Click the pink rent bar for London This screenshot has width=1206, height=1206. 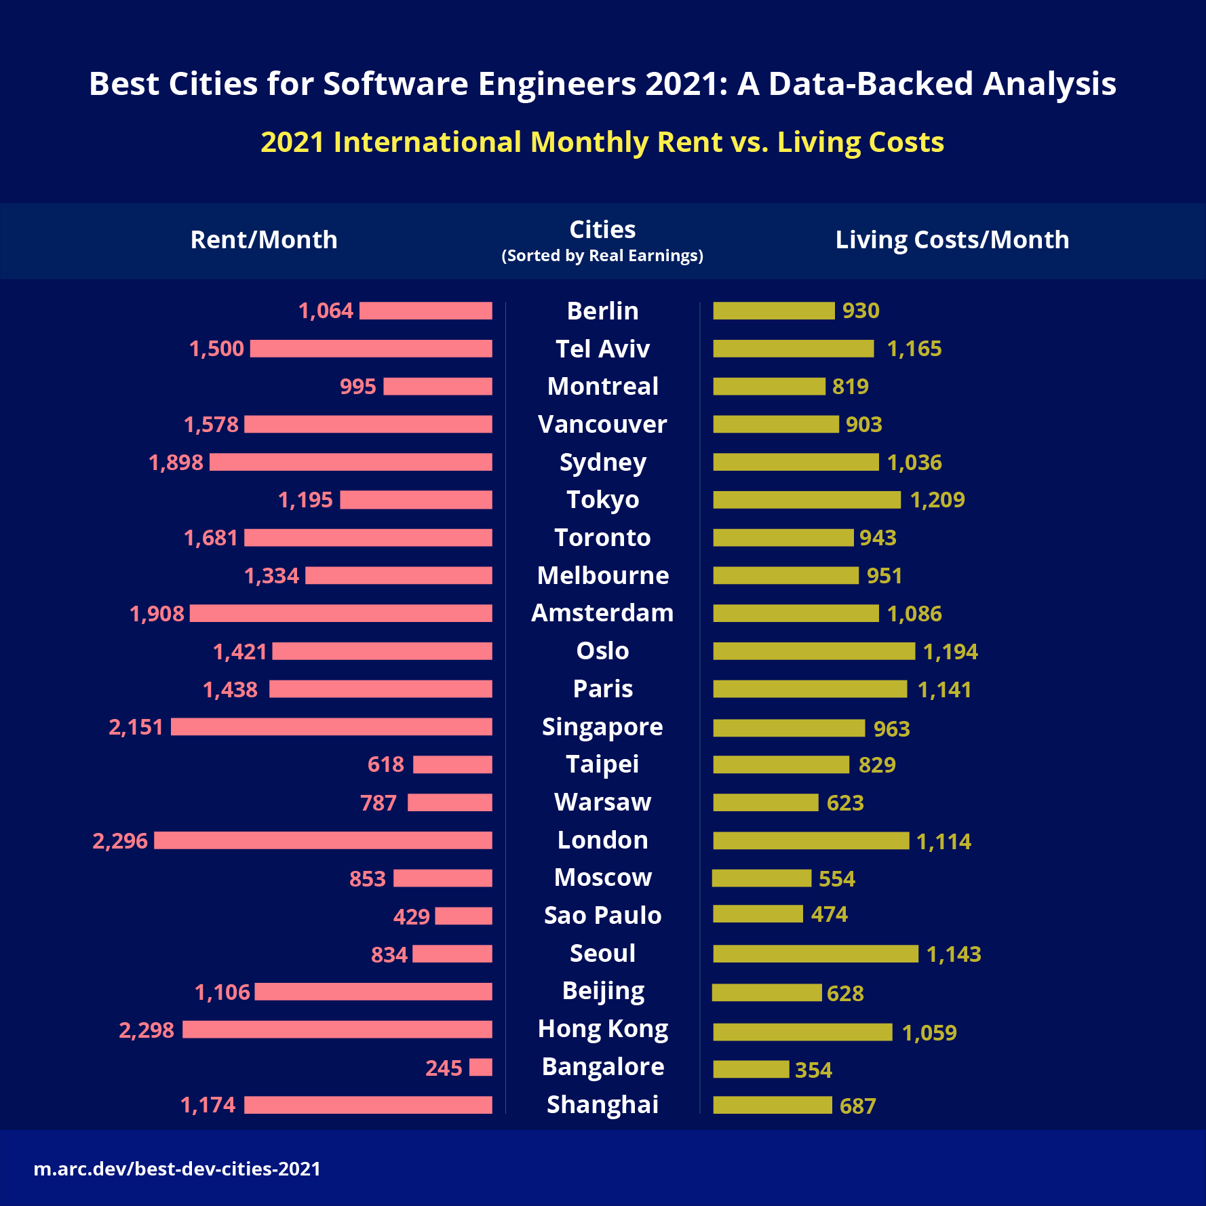(x=323, y=840)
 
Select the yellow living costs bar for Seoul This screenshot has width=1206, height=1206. (x=815, y=954)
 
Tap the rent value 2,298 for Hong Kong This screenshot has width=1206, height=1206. (x=147, y=1030)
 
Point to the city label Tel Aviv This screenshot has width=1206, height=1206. (x=602, y=349)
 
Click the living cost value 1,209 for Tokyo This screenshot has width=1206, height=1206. (x=937, y=500)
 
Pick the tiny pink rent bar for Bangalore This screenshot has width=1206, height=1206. (x=480, y=1067)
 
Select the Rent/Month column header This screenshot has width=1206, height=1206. (x=264, y=239)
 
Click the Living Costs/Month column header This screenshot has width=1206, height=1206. (x=952, y=239)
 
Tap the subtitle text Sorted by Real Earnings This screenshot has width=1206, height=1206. (x=602, y=256)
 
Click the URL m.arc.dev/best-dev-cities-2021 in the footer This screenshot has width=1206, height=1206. (x=177, y=1169)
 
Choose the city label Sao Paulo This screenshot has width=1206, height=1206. (x=602, y=915)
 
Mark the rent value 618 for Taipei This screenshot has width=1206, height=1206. (x=385, y=764)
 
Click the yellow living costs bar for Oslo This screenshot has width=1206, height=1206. (x=814, y=651)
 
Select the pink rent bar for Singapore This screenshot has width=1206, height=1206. (x=331, y=727)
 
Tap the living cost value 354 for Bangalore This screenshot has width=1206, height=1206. (x=813, y=1070)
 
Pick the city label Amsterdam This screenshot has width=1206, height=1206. (x=602, y=613)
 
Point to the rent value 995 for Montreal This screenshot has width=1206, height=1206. (x=357, y=387)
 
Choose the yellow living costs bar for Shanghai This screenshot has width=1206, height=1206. (x=772, y=1105)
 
